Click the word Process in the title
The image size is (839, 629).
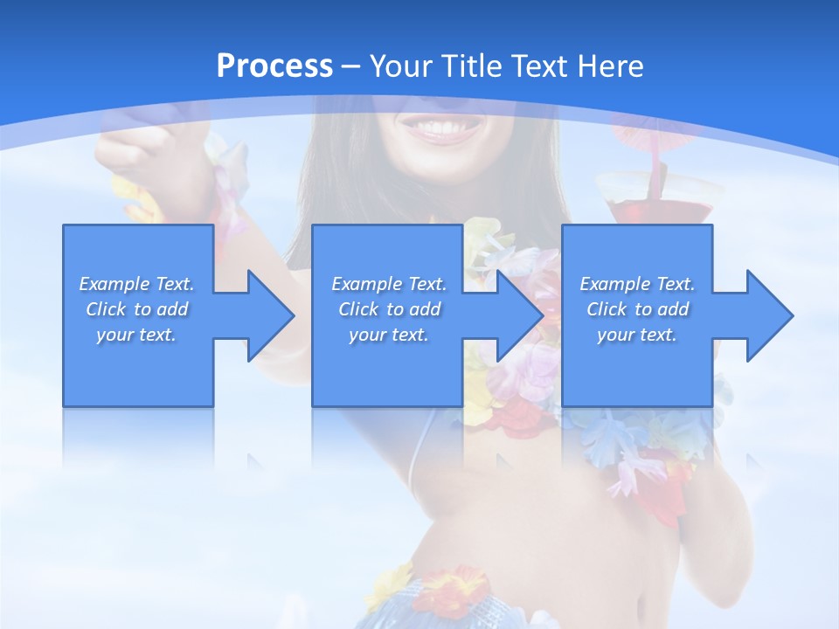[274, 66]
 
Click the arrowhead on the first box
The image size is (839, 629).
[271, 315]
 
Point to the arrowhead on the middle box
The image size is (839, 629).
[521, 315]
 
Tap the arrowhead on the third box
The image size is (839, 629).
[770, 315]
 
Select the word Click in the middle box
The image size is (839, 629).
[358, 309]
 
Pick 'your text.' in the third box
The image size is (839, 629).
[636, 335]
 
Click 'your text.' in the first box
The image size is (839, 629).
[136, 335]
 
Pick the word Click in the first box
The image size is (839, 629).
[106, 309]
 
